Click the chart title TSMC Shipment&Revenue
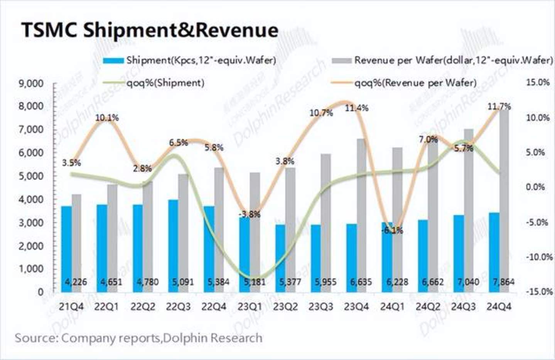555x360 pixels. [150, 30]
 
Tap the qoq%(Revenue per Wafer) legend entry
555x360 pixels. [415, 83]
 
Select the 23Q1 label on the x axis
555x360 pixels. [249, 307]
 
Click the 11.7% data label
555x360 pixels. [499, 106]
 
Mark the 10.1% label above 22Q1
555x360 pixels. [107, 117]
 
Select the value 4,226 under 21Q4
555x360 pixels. [76, 282]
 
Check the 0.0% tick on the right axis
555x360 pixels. [536, 187]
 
